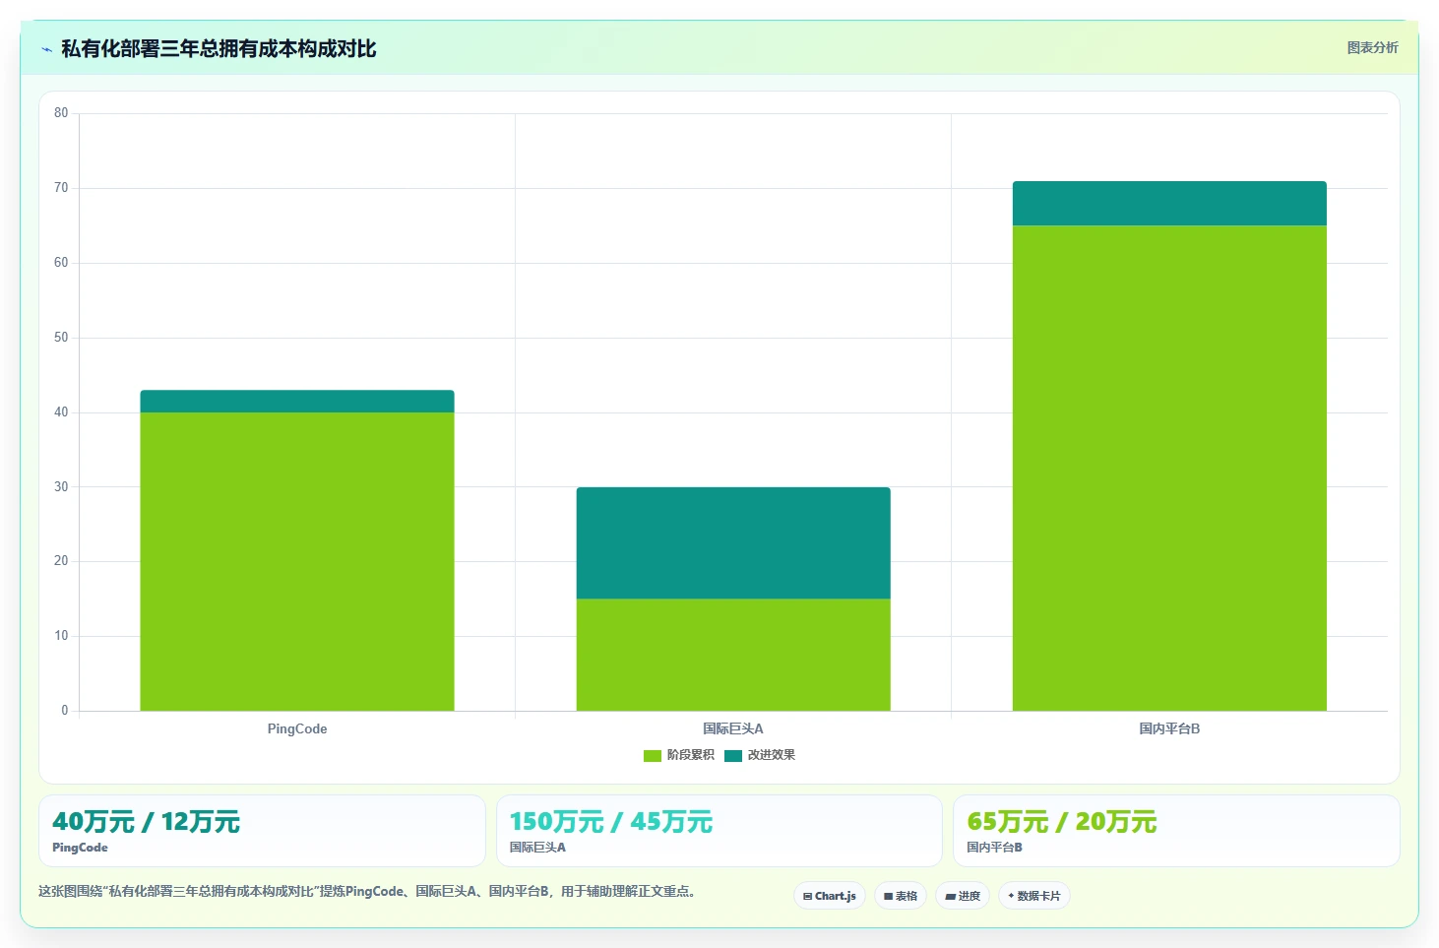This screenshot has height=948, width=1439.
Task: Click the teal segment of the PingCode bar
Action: pyautogui.click(x=297, y=401)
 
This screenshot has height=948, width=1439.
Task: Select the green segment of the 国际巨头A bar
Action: pyautogui.click(x=733, y=655)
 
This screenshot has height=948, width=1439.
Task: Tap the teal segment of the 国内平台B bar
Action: pyautogui.click(x=1169, y=204)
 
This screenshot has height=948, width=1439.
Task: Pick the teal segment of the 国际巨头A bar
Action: pyautogui.click(x=733, y=543)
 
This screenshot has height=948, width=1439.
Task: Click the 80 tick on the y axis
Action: pyautogui.click(x=61, y=113)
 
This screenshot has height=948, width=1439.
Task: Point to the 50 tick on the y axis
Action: pyautogui.click(x=61, y=338)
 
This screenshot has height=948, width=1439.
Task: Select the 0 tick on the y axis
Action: pyautogui.click(x=64, y=710)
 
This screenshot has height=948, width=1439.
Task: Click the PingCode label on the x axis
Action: pyautogui.click(x=297, y=728)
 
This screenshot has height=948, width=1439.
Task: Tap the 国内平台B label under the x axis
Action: pyautogui.click(x=1169, y=728)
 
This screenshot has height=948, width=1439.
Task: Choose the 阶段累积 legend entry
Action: pyautogui.click(x=679, y=755)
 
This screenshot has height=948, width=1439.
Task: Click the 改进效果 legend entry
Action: pyautogui.click(x=760, y=755)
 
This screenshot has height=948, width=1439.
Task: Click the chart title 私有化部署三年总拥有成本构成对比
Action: pyautogui.click(x=219, y=49)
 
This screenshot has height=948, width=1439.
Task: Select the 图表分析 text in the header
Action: pyautogui.click(x=1372, y=47)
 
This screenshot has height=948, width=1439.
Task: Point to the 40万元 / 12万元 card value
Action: pyautogui.click(x=146, y=821)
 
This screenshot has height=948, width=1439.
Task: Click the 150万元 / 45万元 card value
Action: pyautogui.click(x=611, y=821)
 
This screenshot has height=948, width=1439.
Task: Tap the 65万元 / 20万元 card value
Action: pyautogui.click(x=1062, y=821)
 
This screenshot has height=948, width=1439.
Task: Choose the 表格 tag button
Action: pyautogui.click(x=900, y=896)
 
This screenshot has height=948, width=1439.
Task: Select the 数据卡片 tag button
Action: pyautogui.click(x=1033, y=896)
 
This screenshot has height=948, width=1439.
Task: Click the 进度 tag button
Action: pyautogui.click(x=963, y=896)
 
